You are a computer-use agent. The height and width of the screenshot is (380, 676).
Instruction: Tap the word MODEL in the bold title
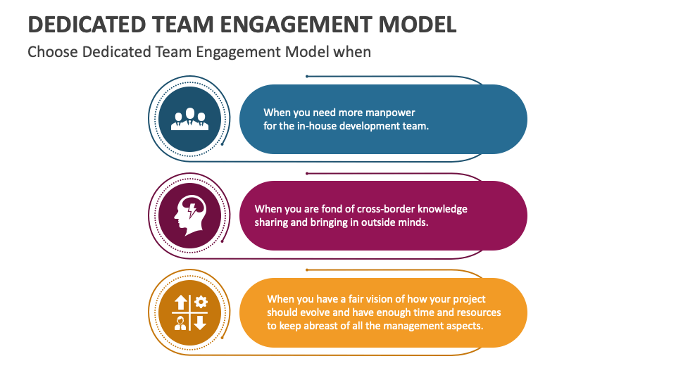[418, 24]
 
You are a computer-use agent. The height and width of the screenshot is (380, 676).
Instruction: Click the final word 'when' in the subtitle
[353, 52]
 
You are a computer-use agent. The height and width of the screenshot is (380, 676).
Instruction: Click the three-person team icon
[189, 119]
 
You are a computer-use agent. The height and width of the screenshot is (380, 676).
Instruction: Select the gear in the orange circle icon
[201, 303]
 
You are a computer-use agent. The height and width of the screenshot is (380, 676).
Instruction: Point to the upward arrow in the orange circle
[181, 303]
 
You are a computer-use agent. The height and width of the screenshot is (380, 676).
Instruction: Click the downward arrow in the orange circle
[200, 322]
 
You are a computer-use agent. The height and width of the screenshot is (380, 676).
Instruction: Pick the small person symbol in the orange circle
[181, 322]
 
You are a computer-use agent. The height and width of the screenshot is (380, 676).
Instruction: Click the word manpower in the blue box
[390, 113]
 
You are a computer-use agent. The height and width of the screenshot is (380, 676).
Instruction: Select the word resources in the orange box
[477, 312]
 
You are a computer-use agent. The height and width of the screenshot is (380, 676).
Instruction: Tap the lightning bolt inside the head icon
[192, 209]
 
